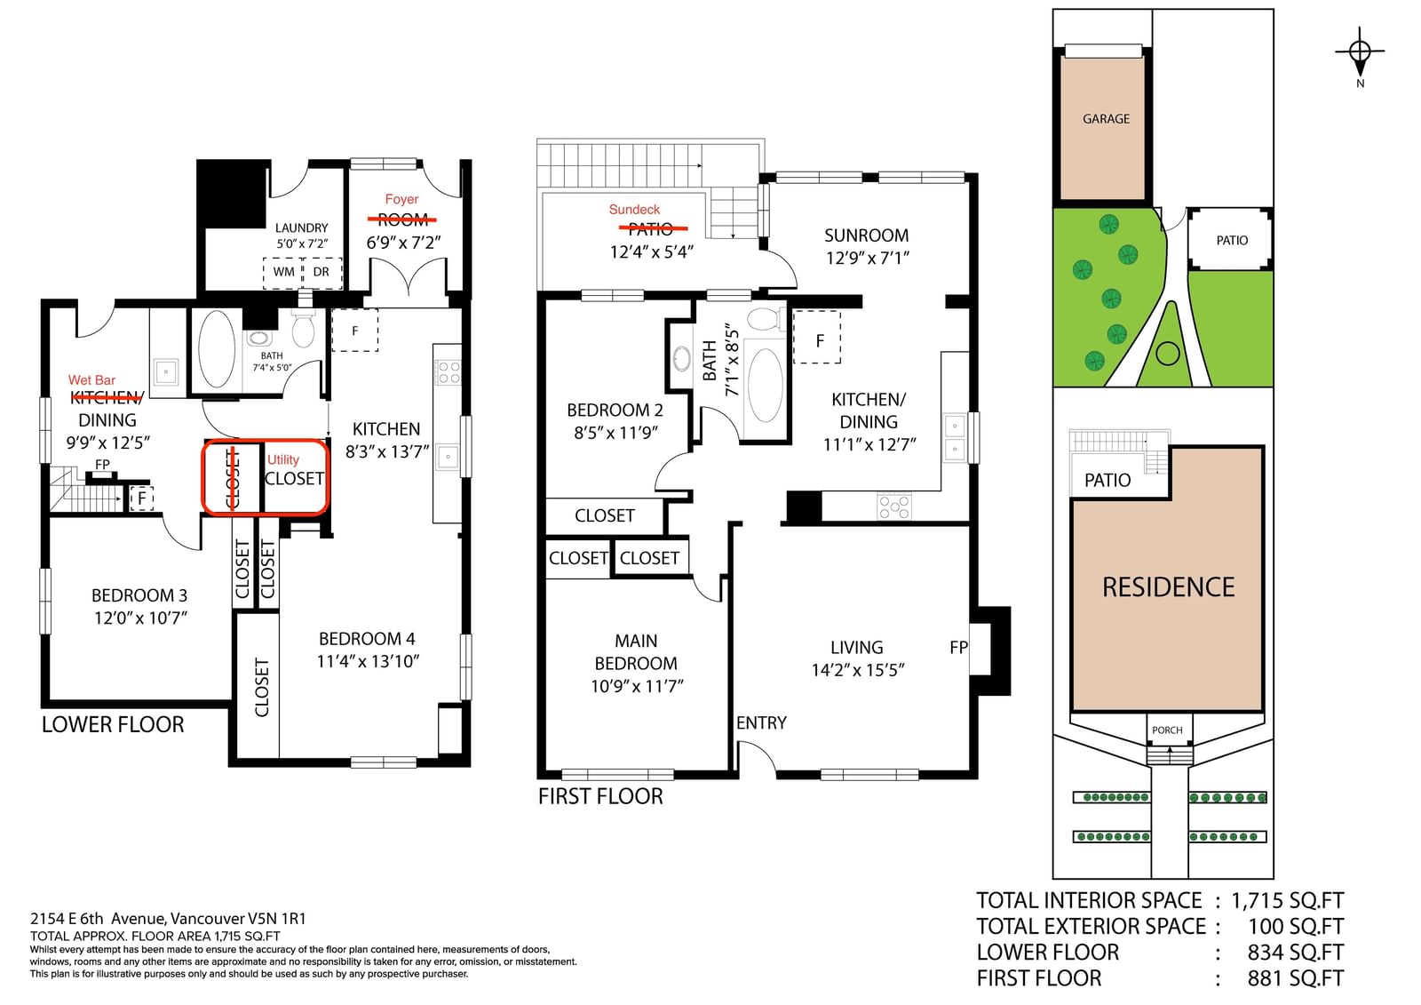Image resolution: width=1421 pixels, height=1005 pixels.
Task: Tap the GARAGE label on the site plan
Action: [1106, 119]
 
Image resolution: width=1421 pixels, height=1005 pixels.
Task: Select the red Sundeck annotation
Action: [634, 210]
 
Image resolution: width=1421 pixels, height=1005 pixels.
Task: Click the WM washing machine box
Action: [283, 273]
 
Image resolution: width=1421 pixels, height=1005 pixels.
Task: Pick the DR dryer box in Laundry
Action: [322, 273]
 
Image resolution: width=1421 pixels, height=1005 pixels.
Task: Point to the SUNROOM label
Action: [866, 235]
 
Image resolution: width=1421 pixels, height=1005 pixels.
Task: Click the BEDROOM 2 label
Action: [615, 411]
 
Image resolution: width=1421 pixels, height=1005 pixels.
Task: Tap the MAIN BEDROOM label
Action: [636, 652]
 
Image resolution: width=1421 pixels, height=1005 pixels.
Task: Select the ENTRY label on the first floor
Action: [761, 722]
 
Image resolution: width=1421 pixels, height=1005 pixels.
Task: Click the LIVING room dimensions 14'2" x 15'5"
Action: [858, 670]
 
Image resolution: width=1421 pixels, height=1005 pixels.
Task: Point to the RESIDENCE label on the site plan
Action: [1169, 587]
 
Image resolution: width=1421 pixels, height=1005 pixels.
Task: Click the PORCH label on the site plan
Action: [1167, 730]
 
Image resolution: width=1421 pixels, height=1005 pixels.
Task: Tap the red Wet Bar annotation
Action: [92, 380]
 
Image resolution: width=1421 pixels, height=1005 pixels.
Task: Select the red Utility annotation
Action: [283, 459]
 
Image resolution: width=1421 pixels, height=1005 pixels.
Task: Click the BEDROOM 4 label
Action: [367, 639]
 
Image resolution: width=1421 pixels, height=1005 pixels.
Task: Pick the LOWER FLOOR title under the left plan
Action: [113, 724]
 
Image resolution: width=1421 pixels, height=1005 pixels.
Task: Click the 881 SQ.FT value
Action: [1296, 978]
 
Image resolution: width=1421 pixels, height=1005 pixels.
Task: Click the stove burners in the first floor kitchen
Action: [894, 506]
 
